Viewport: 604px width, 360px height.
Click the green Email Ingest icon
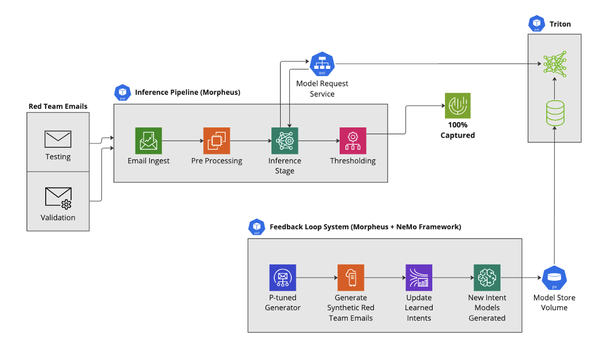click(x=149, y=141)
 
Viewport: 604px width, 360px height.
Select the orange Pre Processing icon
click(x=216, y=141)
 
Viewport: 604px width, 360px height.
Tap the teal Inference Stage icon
click(x=285, y=141)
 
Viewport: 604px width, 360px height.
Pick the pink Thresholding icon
click(x=352, y=141)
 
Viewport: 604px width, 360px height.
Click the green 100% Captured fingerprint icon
click(x=457, y=106)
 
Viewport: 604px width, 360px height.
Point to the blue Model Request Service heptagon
click(x=322, y=64)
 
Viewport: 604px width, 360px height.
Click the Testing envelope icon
click(x=58, y=139)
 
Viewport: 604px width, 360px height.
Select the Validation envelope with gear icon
click(x=58, y=198)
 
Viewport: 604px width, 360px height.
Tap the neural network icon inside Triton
click(x=555, y=62)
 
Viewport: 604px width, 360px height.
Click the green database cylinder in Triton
click(x=555, y=112)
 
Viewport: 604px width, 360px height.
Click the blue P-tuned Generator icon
click(x=282, y=278)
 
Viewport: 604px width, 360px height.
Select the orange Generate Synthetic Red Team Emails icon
click(x=351, y=278)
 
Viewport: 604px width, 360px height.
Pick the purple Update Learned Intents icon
click(x=419, y=278)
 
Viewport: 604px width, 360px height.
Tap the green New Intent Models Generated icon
click(x=487, y=278)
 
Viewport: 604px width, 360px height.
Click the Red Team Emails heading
click(x=58, y=106)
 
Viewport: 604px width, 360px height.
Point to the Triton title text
click(x=560, y=24)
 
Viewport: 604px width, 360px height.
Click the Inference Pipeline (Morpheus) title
click(x=187, y=92)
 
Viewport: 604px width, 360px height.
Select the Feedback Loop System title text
click(x=365, y=227)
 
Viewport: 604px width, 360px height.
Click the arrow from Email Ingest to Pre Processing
click(x=182, y=141)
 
